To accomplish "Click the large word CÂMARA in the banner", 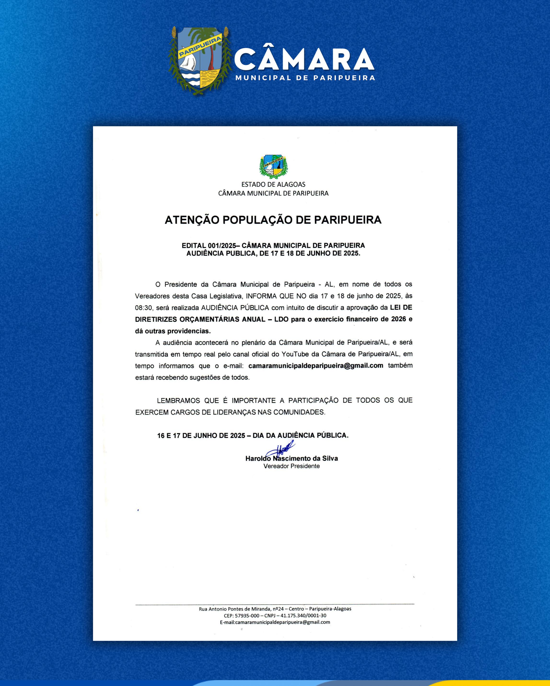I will point(304,59).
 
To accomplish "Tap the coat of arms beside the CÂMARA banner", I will point(200,60).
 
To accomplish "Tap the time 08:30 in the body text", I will point(143,308).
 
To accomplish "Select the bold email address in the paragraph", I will point(316,366).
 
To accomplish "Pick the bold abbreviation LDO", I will point(281,319).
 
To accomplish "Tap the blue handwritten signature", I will point(282,449).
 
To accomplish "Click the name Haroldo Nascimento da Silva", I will point(291,458).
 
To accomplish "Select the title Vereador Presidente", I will point(291,466).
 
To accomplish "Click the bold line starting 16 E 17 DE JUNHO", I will point(253,435).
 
